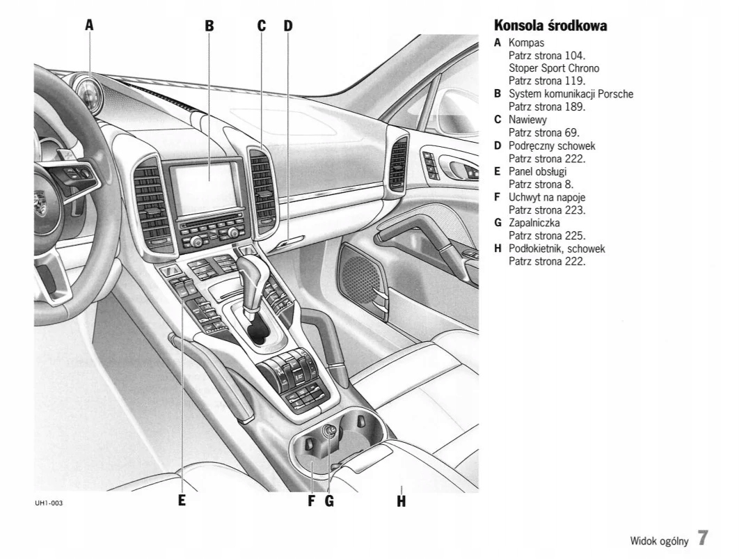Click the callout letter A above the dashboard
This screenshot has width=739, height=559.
[x=89, y=26]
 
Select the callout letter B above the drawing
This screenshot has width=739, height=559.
[x=209, y=26]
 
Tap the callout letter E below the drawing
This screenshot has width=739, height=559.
[x=182, y=500]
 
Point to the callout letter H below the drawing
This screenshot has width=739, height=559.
[x=401, y=500]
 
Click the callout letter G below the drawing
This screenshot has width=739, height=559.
[x=329, y=500]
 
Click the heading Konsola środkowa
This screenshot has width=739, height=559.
[x=550, y=26]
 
